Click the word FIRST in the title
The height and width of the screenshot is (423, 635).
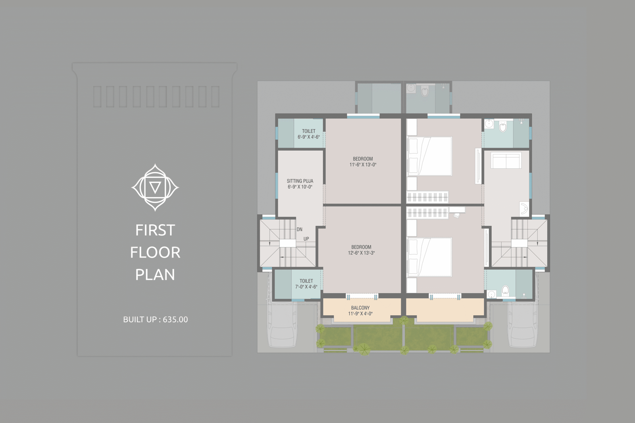(x=155, y=230)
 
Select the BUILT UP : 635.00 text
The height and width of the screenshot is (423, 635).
(x=155, y=319)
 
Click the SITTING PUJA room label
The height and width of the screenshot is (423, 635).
(x=300, y=181)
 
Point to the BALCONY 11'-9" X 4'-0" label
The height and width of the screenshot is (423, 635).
(x=360, y=310)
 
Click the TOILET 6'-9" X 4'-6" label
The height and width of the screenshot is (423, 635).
(x=308, y=134)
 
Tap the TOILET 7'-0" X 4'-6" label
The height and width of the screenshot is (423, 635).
(x=306, y=284)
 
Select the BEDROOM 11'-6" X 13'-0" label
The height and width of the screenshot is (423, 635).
(x=363, y=162)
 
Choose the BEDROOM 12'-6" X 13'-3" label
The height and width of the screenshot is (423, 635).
(x=361, y=250)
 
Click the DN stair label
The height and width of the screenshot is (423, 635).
(x=299, y=229)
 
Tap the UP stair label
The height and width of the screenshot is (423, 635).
(x=306, y=239)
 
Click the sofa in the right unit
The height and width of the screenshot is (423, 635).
(x=506, y=161)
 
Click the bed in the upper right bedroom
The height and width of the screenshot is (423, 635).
(x=429, y=156)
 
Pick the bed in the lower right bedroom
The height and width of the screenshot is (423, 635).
(x=429, y=257)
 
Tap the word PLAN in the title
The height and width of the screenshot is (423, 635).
(x=155, y=275)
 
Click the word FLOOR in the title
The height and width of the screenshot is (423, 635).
(x=155, y=253)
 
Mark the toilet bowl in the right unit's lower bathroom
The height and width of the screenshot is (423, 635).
(x=505, y=290)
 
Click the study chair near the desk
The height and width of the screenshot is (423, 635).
(x=456, y=215)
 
